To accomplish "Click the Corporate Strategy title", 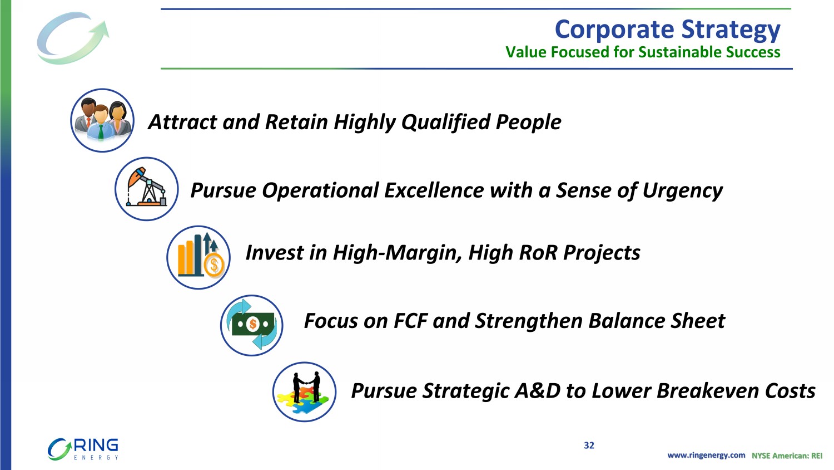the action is click(x=667, y=30).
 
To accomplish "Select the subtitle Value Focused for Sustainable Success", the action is click(x=643, y=52).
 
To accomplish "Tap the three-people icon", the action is click(x=102, y=120).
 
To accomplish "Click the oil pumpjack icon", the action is click(x=147, y=189).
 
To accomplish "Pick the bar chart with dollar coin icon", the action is click(x=198, y=257).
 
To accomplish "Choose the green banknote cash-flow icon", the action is click(x=252, y=325).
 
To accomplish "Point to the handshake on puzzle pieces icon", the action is click(x=305, y=391).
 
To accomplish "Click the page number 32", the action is click(x=589, y=445).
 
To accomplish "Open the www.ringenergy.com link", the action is click(x=706, y=456).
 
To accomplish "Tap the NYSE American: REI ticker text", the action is click(x=787, y=456).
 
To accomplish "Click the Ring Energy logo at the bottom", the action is click(x=83, y=449).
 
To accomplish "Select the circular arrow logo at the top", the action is click(x=73, y=38).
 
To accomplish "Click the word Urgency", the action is click(x=682, y=191).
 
